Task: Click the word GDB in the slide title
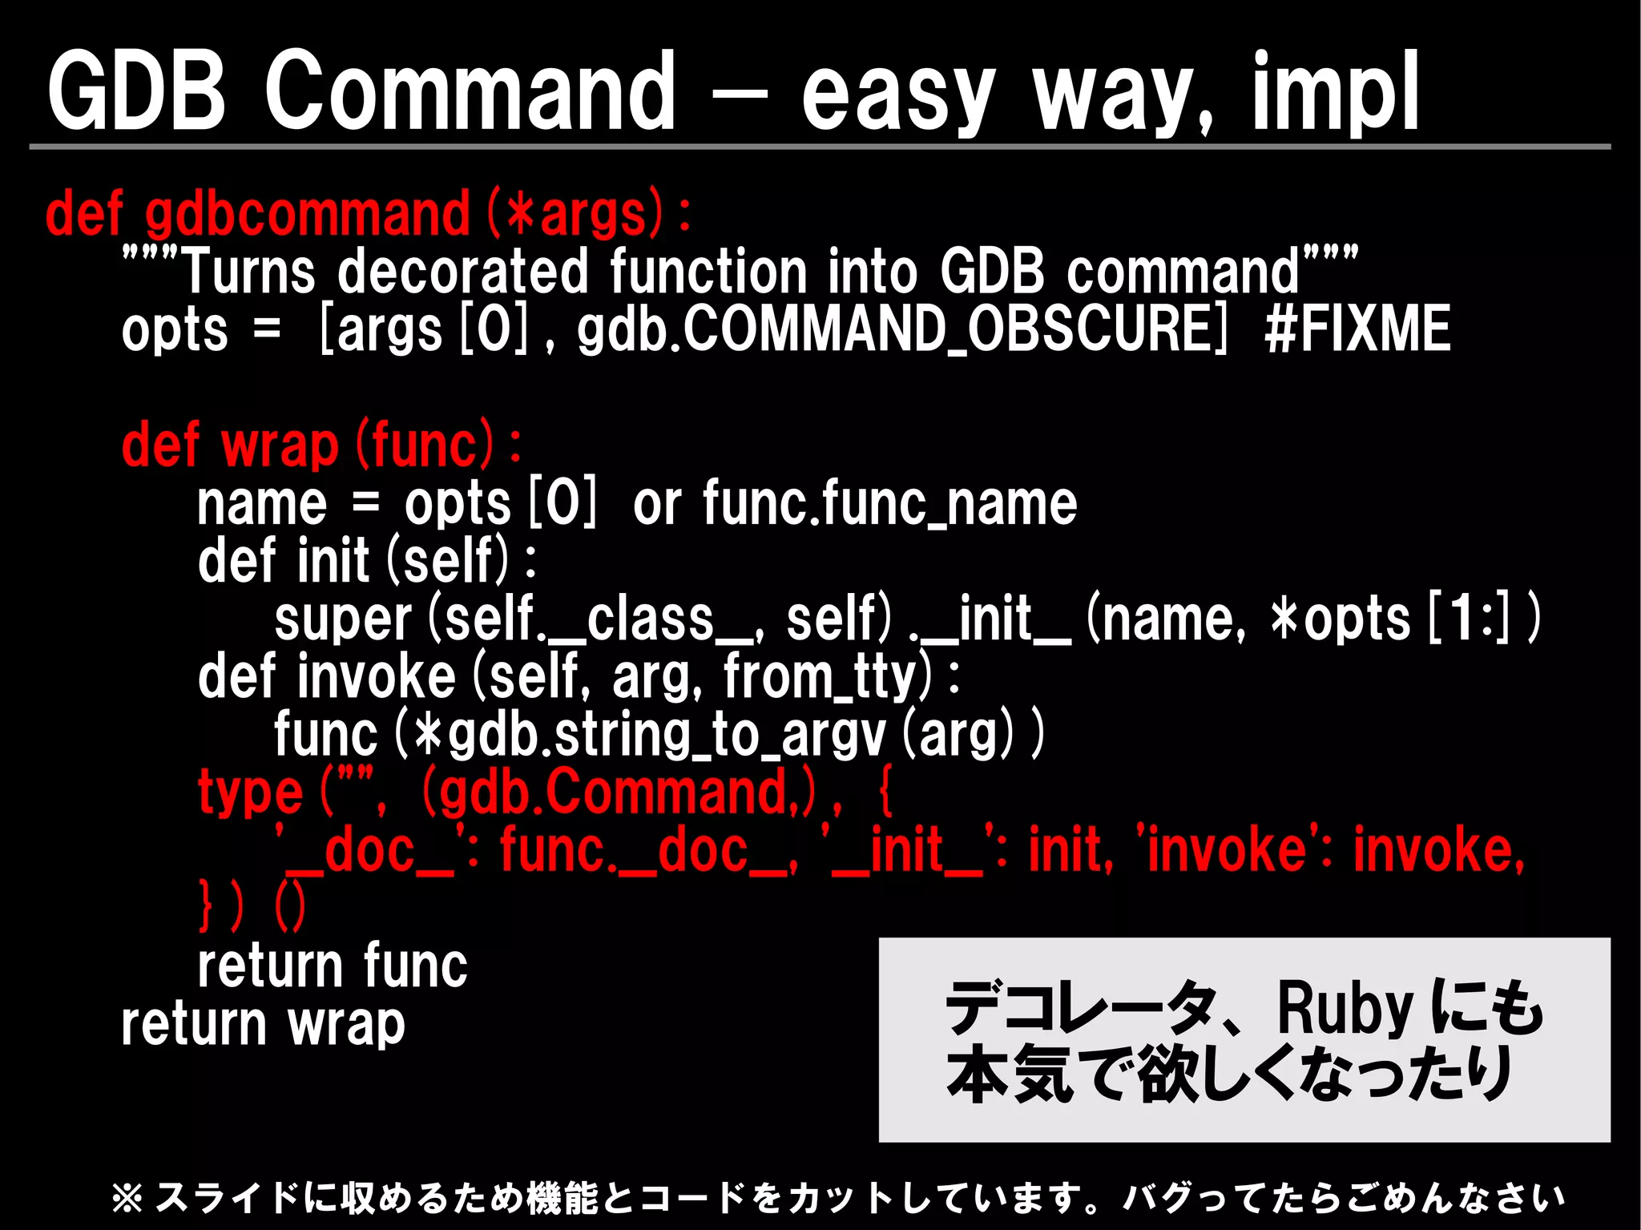pos(136,90)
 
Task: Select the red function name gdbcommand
pos(308,215)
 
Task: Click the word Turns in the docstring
pos(250,272)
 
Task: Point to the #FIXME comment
pos(1357,329)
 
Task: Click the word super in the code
pos(343,619)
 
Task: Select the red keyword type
pos(250,792)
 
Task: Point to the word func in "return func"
pos(414,966)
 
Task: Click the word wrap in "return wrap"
pos(346,1024)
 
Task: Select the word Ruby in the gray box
pos(1345,1010)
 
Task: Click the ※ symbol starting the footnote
pos(127,1198)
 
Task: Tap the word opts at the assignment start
pos(175,329)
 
